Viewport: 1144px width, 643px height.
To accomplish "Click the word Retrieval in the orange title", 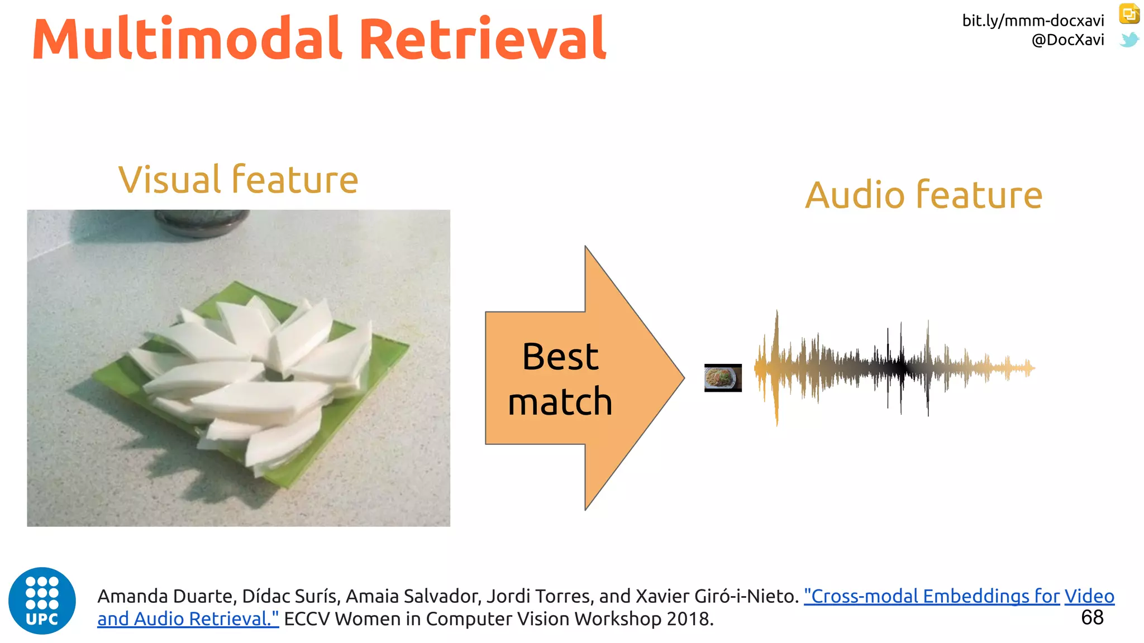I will click(x=483, y=39).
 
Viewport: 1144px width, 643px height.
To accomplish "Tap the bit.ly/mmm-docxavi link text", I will click(x=1033, y=21).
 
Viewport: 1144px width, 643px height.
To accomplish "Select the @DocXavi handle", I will click(x=1067, y=40).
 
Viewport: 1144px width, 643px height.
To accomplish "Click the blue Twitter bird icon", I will click(x=1129, y=40).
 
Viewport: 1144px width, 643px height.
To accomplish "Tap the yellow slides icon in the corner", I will click(x=1129, y=14).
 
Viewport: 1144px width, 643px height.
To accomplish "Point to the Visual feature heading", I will click(x=238, y=180).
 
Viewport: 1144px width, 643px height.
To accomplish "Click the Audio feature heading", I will click(x=923, y=195).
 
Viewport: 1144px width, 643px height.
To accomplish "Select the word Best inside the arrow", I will click(x=560, y=357).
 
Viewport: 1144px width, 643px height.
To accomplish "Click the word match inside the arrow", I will click(x=560, y=402).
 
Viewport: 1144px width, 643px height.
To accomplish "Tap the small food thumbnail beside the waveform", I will click(x=723, y=378).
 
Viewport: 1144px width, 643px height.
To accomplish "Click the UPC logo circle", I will click(x=42, y=601).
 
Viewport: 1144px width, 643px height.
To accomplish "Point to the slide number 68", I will click(x=1092, y=617).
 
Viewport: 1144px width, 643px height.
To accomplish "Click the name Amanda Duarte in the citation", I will click(x=165, y=596).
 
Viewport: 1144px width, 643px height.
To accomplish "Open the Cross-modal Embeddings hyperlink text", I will click(x=931, y=596).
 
